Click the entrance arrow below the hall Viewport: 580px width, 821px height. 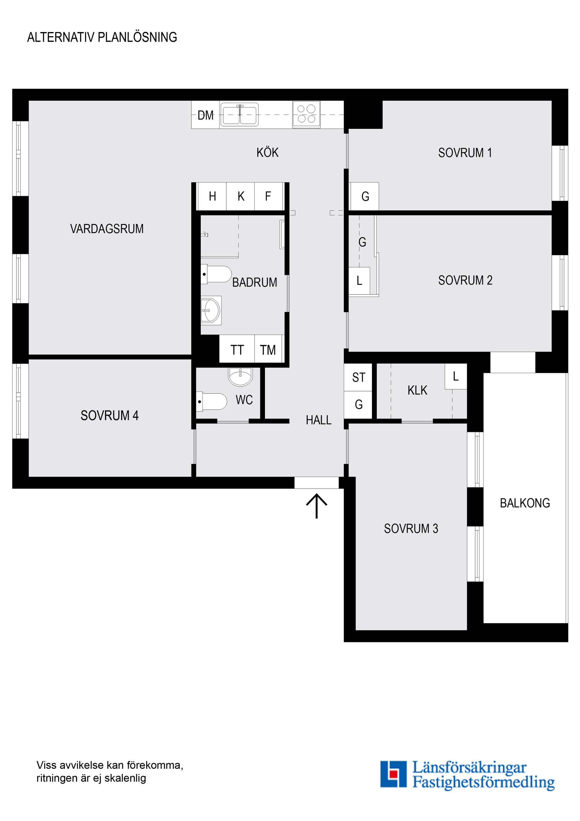(x=317, y=506)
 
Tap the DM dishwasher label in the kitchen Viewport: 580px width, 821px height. (x=205, y=115)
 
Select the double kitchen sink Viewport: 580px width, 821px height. (x=240, y=115)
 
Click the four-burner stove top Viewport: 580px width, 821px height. (x=306, y=114)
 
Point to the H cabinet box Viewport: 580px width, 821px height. (x=212, y=196)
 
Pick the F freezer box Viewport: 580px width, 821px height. (x=268, y=196)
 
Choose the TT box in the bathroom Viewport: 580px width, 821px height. (x=237, y=350)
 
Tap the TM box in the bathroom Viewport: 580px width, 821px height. (x=268, y=350)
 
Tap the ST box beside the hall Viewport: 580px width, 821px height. (x=359, y=377)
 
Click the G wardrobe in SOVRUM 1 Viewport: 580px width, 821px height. (x=365, y=196)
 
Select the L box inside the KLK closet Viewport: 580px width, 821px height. (x=456, y=376)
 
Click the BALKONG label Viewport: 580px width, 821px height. (x=525, y=503)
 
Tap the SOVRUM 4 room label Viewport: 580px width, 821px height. (x=109, y=416)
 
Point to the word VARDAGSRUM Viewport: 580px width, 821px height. (x=107, y=229)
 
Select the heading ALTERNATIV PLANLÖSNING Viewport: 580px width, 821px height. (x=102, y=37)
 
